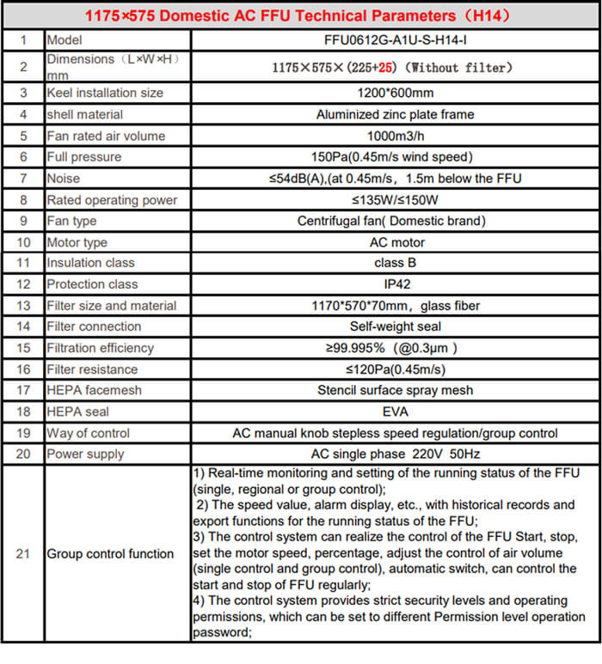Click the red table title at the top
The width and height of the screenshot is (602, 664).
pyautogui.click(x=300, y=15)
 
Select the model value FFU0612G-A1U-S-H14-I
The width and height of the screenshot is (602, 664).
pyautogui.click(x=395, y=40)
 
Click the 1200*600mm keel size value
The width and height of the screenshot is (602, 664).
pyautogui.click(x=395, y=93)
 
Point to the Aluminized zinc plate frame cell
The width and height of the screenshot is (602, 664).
pyautogui.click(x=395, y=114)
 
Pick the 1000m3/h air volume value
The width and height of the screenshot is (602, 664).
pyautogui.click(x=395, y=136)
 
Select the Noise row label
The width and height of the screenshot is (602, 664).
pyautogui.click(x=64, y=179)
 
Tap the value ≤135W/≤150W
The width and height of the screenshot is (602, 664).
pyautogui.click(x=395, y=200)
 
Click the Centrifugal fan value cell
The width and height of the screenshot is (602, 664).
pyautogui.click(x=395, y=221)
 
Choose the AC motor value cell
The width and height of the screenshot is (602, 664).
pyautogui.click(x=395, y=242)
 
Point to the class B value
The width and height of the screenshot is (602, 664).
pyautogui.click(x=395, y=263)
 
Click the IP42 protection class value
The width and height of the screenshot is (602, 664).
pyautogui.click(x=395, y=284)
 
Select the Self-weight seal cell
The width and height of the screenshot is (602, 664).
pyautogui.click(x=395, y=326)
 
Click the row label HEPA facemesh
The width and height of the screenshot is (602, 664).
pyautogui.click(x=95, y=390)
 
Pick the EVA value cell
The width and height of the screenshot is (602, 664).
pyautogui.click(x=395, y=411)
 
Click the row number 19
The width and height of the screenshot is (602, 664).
pyautogui.click(x=23, y=433)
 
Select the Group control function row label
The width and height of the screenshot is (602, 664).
pyautogui.click(x=110, y=554)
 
